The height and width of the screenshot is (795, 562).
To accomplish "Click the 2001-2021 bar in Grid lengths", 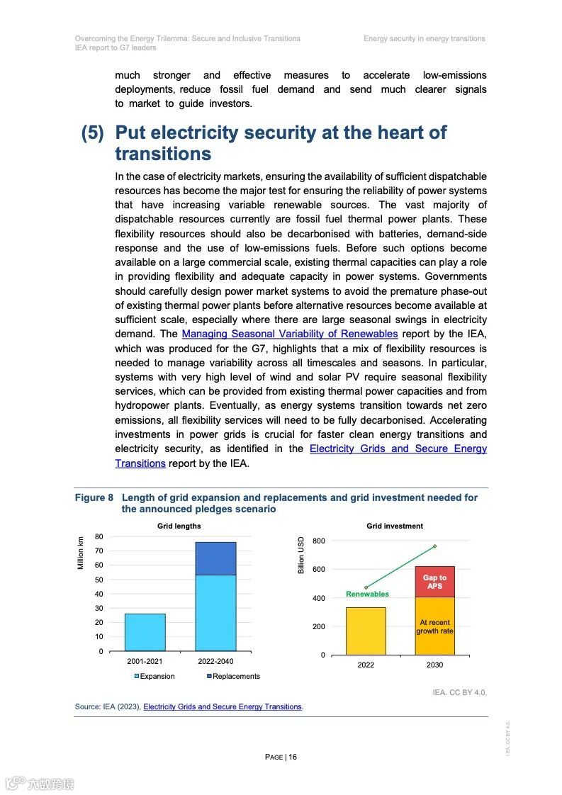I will click(145, 632).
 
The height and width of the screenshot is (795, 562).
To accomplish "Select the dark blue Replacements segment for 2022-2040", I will click(215, 558).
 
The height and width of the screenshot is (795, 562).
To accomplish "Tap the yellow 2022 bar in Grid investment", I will click(366, 631).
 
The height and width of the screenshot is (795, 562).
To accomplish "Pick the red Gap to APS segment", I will click(434, 582).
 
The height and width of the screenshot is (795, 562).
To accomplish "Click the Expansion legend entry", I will click(154, 676).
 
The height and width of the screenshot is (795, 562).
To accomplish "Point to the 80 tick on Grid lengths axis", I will click(99, 536).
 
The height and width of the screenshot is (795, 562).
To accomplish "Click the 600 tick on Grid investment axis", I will click(318, 570).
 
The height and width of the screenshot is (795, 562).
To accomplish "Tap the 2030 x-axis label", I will click(434, 665).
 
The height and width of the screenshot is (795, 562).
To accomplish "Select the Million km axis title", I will click(81, 552).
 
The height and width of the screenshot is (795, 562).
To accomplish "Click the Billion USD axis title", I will click(301, 556).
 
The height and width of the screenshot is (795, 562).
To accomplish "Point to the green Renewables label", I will click(367, 594).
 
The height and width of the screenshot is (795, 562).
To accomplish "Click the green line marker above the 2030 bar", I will click(434, 546).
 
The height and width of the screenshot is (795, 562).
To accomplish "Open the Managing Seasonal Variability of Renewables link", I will click(289, 334).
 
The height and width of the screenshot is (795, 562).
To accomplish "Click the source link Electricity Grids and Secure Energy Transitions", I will click(223, 706).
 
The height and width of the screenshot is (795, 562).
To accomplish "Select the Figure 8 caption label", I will click(94, 497).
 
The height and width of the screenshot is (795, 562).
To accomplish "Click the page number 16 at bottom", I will click(293, 757).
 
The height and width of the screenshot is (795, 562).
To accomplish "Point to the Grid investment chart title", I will click(395, 526).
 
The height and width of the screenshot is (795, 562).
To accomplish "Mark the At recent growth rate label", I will click(434, 626).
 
